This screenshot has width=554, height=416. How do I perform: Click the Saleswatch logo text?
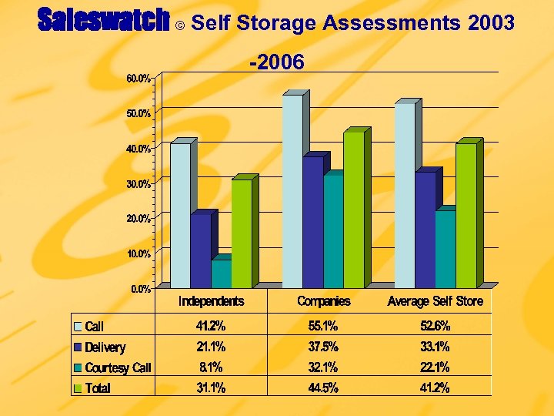[x=103, y=22]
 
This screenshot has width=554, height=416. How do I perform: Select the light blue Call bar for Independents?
[x=180, y=215]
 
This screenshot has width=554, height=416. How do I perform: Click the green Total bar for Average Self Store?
[x=466, y=216]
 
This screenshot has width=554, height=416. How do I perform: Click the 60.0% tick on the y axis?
[x=138, y=78]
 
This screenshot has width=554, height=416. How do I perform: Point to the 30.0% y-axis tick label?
[x=138, y=183]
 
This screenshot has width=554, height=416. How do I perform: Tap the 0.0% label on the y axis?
[x=139, y=289]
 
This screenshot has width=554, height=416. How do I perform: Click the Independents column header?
[x=212, y=301]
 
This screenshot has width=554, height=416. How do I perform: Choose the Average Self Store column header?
[x=436, y=301]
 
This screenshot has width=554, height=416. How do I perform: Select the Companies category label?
[x=324, y=301]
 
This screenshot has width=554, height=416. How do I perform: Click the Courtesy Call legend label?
[x=118, y=368]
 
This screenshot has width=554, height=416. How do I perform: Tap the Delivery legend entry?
[x=105, y=347]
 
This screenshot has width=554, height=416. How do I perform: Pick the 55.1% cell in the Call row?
[x=324, y=326]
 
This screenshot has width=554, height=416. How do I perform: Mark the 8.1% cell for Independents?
[x=211, y=367]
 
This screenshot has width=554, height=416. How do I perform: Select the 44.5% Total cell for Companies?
[x=324, y=388]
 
